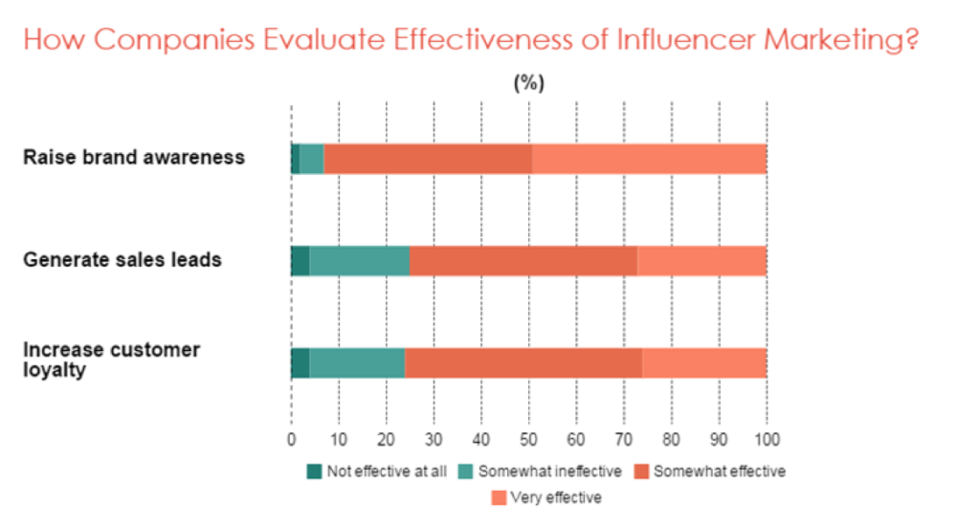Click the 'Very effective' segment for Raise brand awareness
pyautogui.click(x=649, y=159)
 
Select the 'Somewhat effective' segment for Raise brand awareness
pyautogui.click(x=428, y=159)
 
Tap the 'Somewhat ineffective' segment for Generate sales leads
pyautogui.click(x=359, y=260)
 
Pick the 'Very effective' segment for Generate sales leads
pyautogui.click(x=702, y=260)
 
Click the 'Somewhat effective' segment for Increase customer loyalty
pyautogui.click(x=523, y=364)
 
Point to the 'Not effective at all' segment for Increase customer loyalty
pyautogui.click(x=300, y=364)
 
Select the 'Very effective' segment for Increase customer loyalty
pyautogui.click(x=704, y=364)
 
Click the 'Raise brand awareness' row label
pyautogui.click(x=134, y=157)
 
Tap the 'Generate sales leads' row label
pyautogui.click(x=122, y=259)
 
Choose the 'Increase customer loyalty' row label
pyautogui.click(x=111, y=359)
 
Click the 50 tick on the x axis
pyautogui.click(x=528, y=440)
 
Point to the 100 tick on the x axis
pyautogui.click(x=767, y=440)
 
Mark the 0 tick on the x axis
pyautogui.click(x=291, y=440)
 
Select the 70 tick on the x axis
pyautogui.click(x=624, y=440)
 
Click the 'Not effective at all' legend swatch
pyautogui.click(x=314, y=471)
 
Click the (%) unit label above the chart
pyautogui.click(x=528, y=82)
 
